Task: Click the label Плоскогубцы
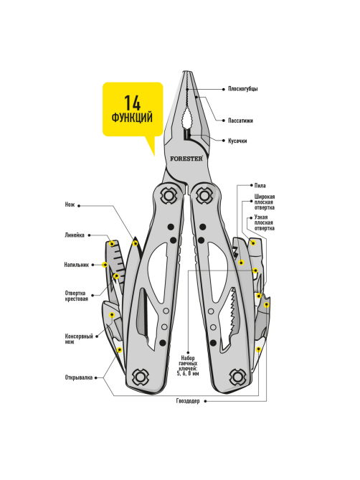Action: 243,89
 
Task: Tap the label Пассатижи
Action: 240,121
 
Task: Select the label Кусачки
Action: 237,141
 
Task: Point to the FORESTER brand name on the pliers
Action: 186,159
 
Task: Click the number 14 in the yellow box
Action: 132,103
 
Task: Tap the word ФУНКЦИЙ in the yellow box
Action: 132,118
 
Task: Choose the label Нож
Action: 70,204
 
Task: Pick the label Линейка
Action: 75,235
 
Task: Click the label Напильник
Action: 77,265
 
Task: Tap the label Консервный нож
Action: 79,339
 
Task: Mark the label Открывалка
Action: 79,377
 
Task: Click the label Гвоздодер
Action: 188,401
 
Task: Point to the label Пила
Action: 260,186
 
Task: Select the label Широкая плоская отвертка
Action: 265,202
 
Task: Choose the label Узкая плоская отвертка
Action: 265,223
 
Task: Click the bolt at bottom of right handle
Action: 237,377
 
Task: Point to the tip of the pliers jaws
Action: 187,72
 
